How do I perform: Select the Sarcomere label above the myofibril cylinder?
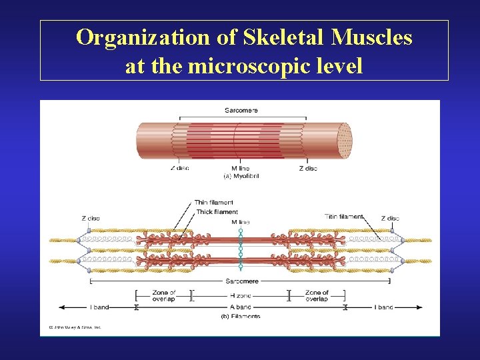(x=241, y=110)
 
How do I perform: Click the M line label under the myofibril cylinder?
(x=241, y=168)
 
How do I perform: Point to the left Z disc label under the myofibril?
(x=179, y=168)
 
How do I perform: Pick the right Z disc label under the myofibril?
(x=309, y=168)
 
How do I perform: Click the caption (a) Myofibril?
(x=241, y=176)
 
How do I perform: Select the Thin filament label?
(x=214, y=203)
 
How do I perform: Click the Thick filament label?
(x=217, y=212)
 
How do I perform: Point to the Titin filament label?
(x=344, y=216)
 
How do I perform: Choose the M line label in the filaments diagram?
(x=241, y=221)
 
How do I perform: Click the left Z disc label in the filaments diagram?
(x=91, y=218)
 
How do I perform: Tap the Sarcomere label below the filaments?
(x=241, y=281)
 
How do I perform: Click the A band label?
(x=241, y=307)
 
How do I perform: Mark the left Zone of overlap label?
(x=164, y=296)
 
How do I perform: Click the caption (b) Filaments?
(x=241, y=316)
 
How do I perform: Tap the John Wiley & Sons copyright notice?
(x=74, y=327)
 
